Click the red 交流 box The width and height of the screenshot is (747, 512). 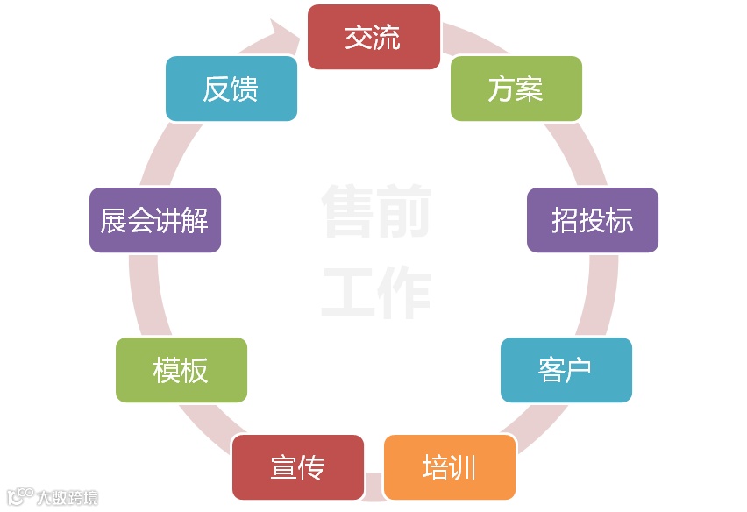pyautogui.click(x=373, y=37)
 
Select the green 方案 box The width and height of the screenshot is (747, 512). pyautogui.click(x=516, y=89)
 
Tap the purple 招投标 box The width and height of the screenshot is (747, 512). pyautogui.click(x=593, y=220)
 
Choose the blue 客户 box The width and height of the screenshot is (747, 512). pyautogui.click(x=566, y=370)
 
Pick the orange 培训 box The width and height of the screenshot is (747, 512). pyautogui.click(x=449, y=467)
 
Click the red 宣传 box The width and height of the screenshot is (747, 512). pyautogui.click(x=298, y=467)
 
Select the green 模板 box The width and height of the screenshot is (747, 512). pyautogui.click(x=181, y=370)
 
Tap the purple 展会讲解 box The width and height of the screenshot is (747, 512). pyautogui.click(x=155, y=220)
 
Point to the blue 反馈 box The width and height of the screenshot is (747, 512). pyautogui.click(x=231, y=89)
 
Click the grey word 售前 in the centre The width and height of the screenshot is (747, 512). pyautogui.click(x=375, y=210)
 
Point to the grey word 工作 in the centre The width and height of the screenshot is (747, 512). pyautogui.click(x=375, y=293)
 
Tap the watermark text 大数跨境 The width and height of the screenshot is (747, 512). pyautogui.click(x=68, y=497)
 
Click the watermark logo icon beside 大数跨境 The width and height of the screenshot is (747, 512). pyautogui.click(x=20, y=496)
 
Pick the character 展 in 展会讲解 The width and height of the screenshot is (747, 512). pyautogui.click(x=114, y=220)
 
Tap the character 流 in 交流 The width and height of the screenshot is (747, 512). pyautogui.click(x=387, y=37)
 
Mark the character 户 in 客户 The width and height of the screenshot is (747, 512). pyautogui.click(x=579, y=370)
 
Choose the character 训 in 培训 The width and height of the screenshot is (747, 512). pyautogui.click(x=463, y=467)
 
